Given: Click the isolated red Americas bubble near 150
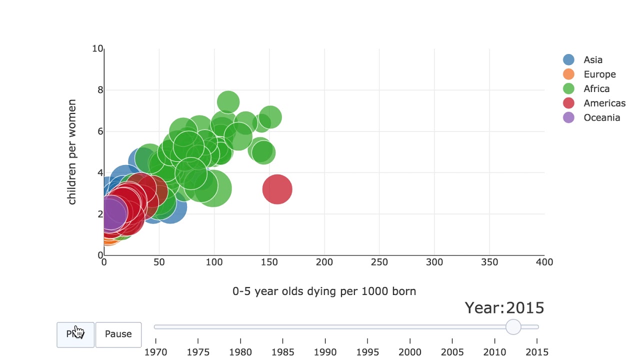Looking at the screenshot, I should coord(277,189).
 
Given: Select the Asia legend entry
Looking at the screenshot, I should coord(592,60).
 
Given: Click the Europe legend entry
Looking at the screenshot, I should coord(599,74).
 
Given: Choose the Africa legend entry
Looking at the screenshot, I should coord(596,89).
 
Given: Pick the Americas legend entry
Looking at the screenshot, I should coord(604,103).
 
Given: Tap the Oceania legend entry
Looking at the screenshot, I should coord(601,118).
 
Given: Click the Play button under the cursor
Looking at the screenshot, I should coord(75,334).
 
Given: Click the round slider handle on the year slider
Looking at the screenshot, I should coord(513,327).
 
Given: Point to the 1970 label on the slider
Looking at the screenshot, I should coord(156,352).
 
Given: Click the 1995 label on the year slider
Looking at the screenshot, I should coord(367,352).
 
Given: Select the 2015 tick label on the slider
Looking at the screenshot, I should coord(537,352).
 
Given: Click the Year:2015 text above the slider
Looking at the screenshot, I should coord(504,308).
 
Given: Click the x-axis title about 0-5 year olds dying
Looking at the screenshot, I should coord(324,291).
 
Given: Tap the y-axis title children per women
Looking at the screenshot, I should coord(72,152).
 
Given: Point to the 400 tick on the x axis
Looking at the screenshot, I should coord(544,262).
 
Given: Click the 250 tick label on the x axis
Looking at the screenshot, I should coord(379,262).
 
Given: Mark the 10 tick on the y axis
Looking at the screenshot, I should coord(97,49).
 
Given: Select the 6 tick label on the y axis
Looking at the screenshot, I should coord(100,131).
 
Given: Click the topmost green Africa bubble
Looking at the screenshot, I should coord(228,102).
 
